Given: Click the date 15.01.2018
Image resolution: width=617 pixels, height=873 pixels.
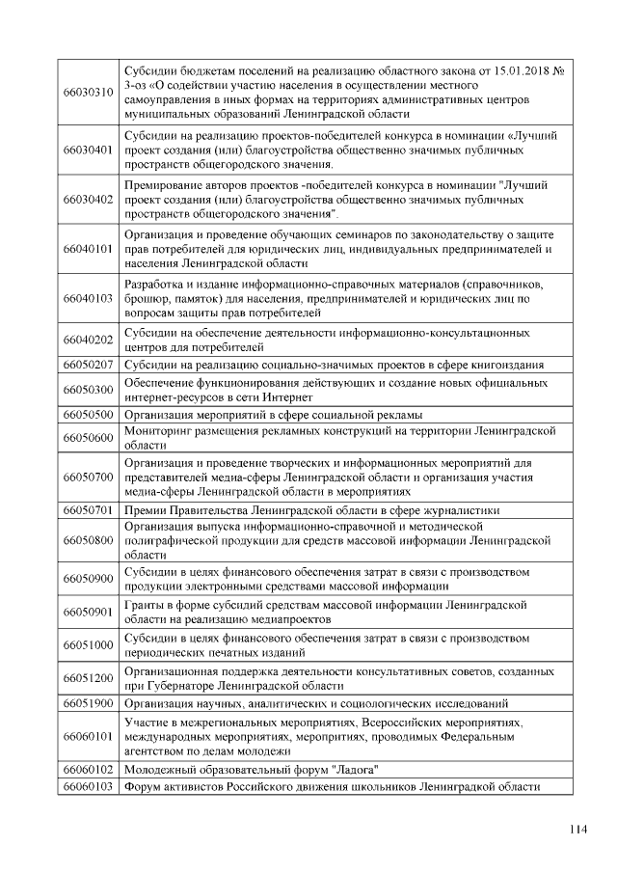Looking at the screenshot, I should pyautogui.click(x=523, y=68).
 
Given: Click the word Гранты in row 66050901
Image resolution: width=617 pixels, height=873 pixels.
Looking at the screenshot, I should pyautogui.click(x=146, y=604).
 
